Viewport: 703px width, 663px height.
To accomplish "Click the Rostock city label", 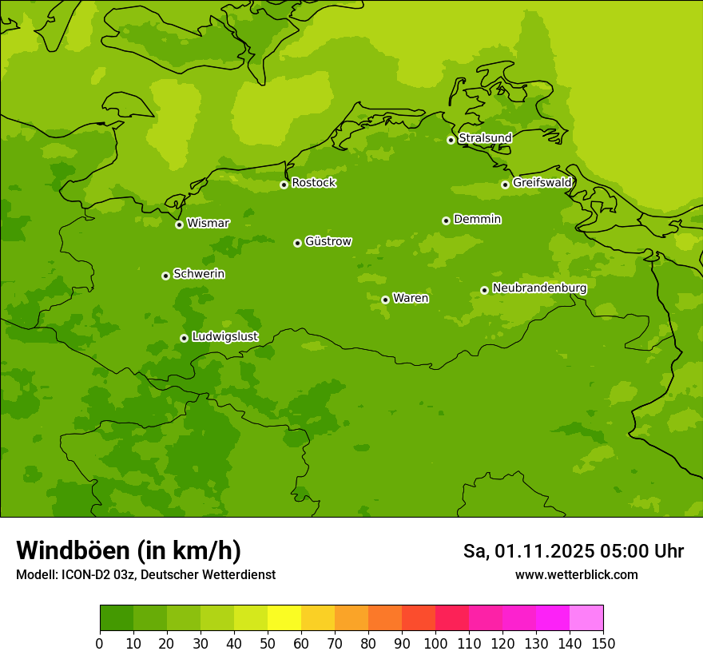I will [x=313, y=183].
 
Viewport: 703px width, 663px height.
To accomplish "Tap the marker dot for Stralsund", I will [x=451, y=140].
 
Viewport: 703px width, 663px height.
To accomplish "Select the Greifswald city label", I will [x=542, y=183].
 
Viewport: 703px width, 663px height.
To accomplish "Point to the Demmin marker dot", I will [x=446, y=220].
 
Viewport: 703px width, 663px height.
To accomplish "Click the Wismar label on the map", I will [x=208, y=224].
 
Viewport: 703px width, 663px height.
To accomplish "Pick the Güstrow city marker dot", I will [x=297, y=243].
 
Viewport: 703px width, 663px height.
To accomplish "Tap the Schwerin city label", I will [x=199, y=274].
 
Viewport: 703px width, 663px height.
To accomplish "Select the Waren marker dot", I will [x=385, y=300].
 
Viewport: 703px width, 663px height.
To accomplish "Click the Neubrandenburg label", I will [x=539, y=288].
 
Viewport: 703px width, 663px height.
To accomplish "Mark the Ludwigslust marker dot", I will [x=184, y=338].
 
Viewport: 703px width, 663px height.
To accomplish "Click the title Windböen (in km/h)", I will [x=129, y=550].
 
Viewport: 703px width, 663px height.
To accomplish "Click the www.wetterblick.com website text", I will [x=576, y=575].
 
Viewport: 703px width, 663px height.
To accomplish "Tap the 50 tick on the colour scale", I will [x=268, y=644].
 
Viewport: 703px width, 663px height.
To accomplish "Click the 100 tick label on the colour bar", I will [x=435, y=644].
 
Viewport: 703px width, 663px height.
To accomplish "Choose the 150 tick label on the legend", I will [x=603, y=644].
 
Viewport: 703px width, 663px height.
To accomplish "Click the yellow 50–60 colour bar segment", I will [x=284, y=618].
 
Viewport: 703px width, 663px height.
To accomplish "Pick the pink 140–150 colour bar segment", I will [x=586, y=618].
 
